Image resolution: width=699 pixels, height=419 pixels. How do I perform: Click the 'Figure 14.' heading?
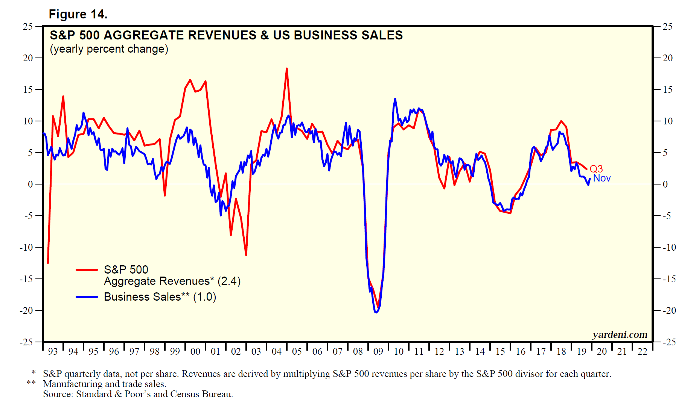tap(78, 14)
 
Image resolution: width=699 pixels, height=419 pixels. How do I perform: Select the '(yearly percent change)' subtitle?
tap(109, 49)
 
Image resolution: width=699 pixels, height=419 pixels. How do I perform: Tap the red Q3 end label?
tap(596, 169)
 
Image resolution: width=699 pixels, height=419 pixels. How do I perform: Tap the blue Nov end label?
tap(602, 178)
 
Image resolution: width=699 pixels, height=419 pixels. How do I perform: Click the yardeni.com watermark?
tap(620, 334)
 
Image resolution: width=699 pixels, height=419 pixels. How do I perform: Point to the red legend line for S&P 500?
tap(87, 269)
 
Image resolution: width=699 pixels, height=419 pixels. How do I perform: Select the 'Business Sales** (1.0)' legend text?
tap(160, 297)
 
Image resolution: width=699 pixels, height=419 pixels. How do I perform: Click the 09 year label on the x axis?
tap(378, 352)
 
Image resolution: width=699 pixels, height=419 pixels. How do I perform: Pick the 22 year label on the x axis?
tap(642, 352)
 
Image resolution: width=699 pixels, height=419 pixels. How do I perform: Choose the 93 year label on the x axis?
tap(53, 352)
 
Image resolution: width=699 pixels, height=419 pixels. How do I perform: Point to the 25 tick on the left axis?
tap(28, 27)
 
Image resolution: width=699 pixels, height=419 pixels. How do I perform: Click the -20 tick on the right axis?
tap(669, 311)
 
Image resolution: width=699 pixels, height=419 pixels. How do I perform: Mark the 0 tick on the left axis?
tap(30, 184)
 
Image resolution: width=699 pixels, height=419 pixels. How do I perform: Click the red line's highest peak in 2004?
tap(287, 69)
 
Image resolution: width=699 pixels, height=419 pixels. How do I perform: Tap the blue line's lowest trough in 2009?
tap(376, 312)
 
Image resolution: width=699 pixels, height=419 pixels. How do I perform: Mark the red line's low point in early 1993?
tap(48, 263)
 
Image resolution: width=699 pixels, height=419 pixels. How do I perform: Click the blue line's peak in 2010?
tap(395, 99)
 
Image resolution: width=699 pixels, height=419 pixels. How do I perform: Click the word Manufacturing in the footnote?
tap(73, 384)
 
